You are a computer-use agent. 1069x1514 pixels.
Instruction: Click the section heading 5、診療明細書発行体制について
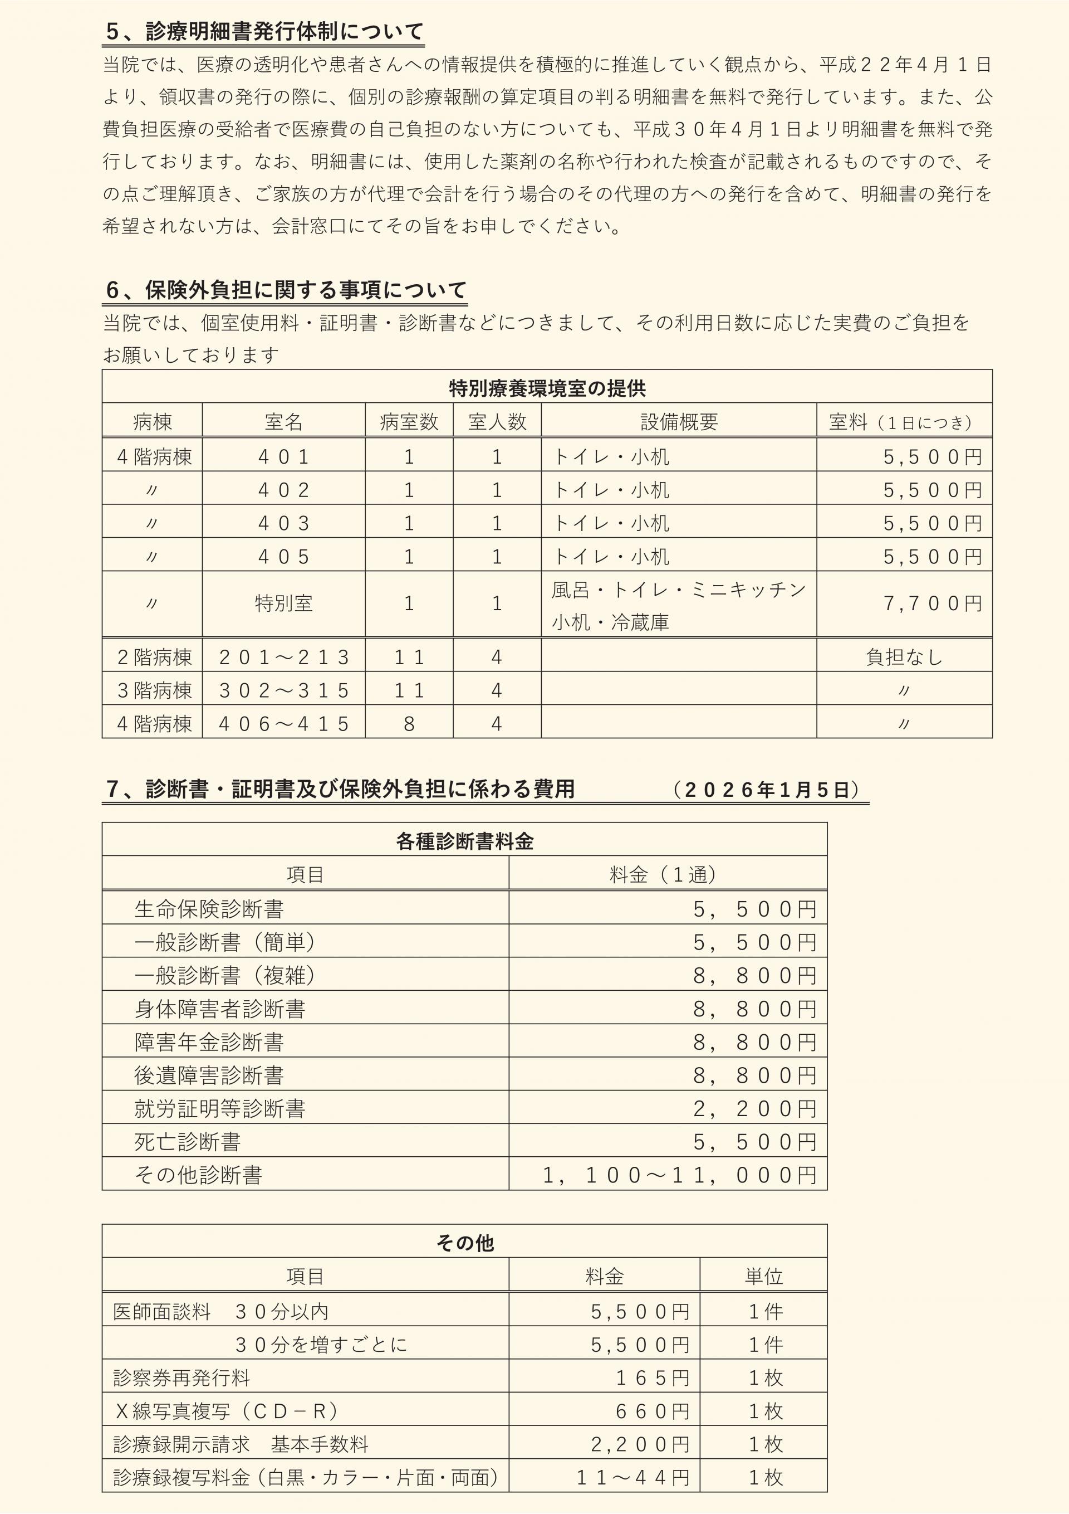tap(263, 31)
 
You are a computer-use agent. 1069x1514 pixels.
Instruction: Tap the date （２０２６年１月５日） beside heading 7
tap(767, 789)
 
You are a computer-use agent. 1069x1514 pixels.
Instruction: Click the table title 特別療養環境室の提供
tap(547, 388)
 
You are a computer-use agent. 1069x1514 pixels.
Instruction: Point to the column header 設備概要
tap(679, 422)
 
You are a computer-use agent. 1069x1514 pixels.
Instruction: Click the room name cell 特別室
tap(283, 603)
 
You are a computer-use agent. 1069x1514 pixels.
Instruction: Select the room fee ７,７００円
tap(932, 603)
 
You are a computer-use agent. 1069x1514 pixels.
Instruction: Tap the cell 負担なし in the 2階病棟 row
tap(904, 658)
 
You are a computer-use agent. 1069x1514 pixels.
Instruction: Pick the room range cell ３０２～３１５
tap(283, 690)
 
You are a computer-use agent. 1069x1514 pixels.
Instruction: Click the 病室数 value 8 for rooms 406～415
tap(409, 724)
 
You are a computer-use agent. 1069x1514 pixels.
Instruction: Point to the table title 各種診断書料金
tap(465, 841)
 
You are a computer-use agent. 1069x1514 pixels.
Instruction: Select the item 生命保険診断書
tap(209, 909)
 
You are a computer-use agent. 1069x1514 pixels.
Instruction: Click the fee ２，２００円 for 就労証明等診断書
tap(754, 1109)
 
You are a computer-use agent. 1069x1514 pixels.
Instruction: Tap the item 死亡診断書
tap(187, 1142)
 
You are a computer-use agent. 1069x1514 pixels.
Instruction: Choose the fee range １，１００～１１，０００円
tap(679, 1176)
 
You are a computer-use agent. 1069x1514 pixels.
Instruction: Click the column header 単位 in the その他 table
tap(763, 1277)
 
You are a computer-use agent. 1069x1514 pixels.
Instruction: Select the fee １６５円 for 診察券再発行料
tap(653, 1377)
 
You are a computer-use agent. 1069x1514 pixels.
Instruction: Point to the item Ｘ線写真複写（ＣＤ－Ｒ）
tap(226, 1411)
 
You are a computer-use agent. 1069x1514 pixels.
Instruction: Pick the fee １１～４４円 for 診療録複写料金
tap(632, 1478)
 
